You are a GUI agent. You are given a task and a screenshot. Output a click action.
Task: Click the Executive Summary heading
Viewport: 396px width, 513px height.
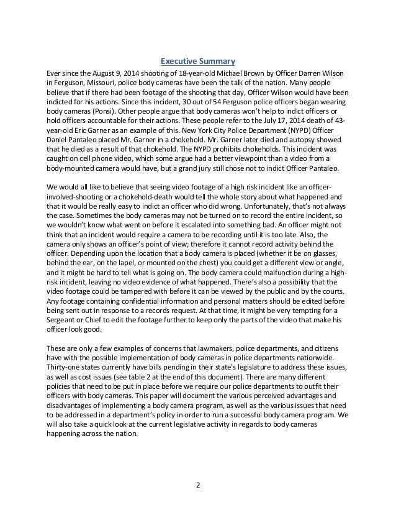click(198, 61)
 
